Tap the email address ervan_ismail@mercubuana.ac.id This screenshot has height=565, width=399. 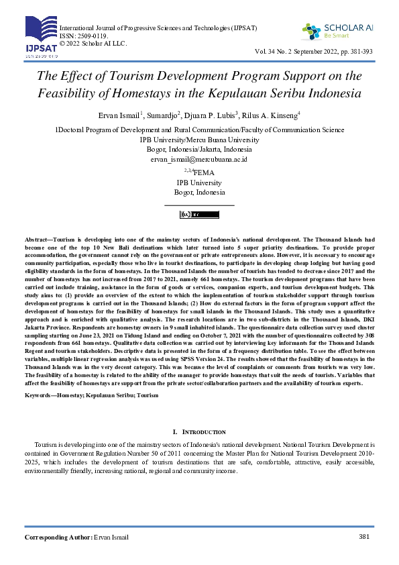pos(200,160)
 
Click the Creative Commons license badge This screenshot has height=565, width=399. pos(199,215)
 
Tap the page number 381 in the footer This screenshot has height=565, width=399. pos(365,536)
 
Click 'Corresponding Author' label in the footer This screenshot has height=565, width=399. pos(58,537)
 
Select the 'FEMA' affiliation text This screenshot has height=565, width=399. pos(203,172)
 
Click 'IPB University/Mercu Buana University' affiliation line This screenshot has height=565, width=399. pos(199,140)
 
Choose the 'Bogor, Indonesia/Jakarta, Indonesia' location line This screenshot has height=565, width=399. pos(199,150)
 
